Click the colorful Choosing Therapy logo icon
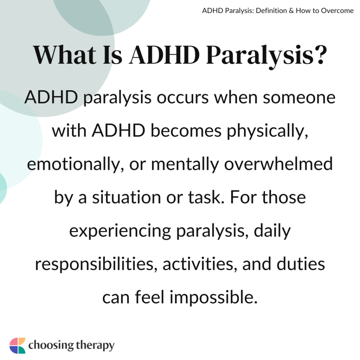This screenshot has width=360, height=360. (17, 346)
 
